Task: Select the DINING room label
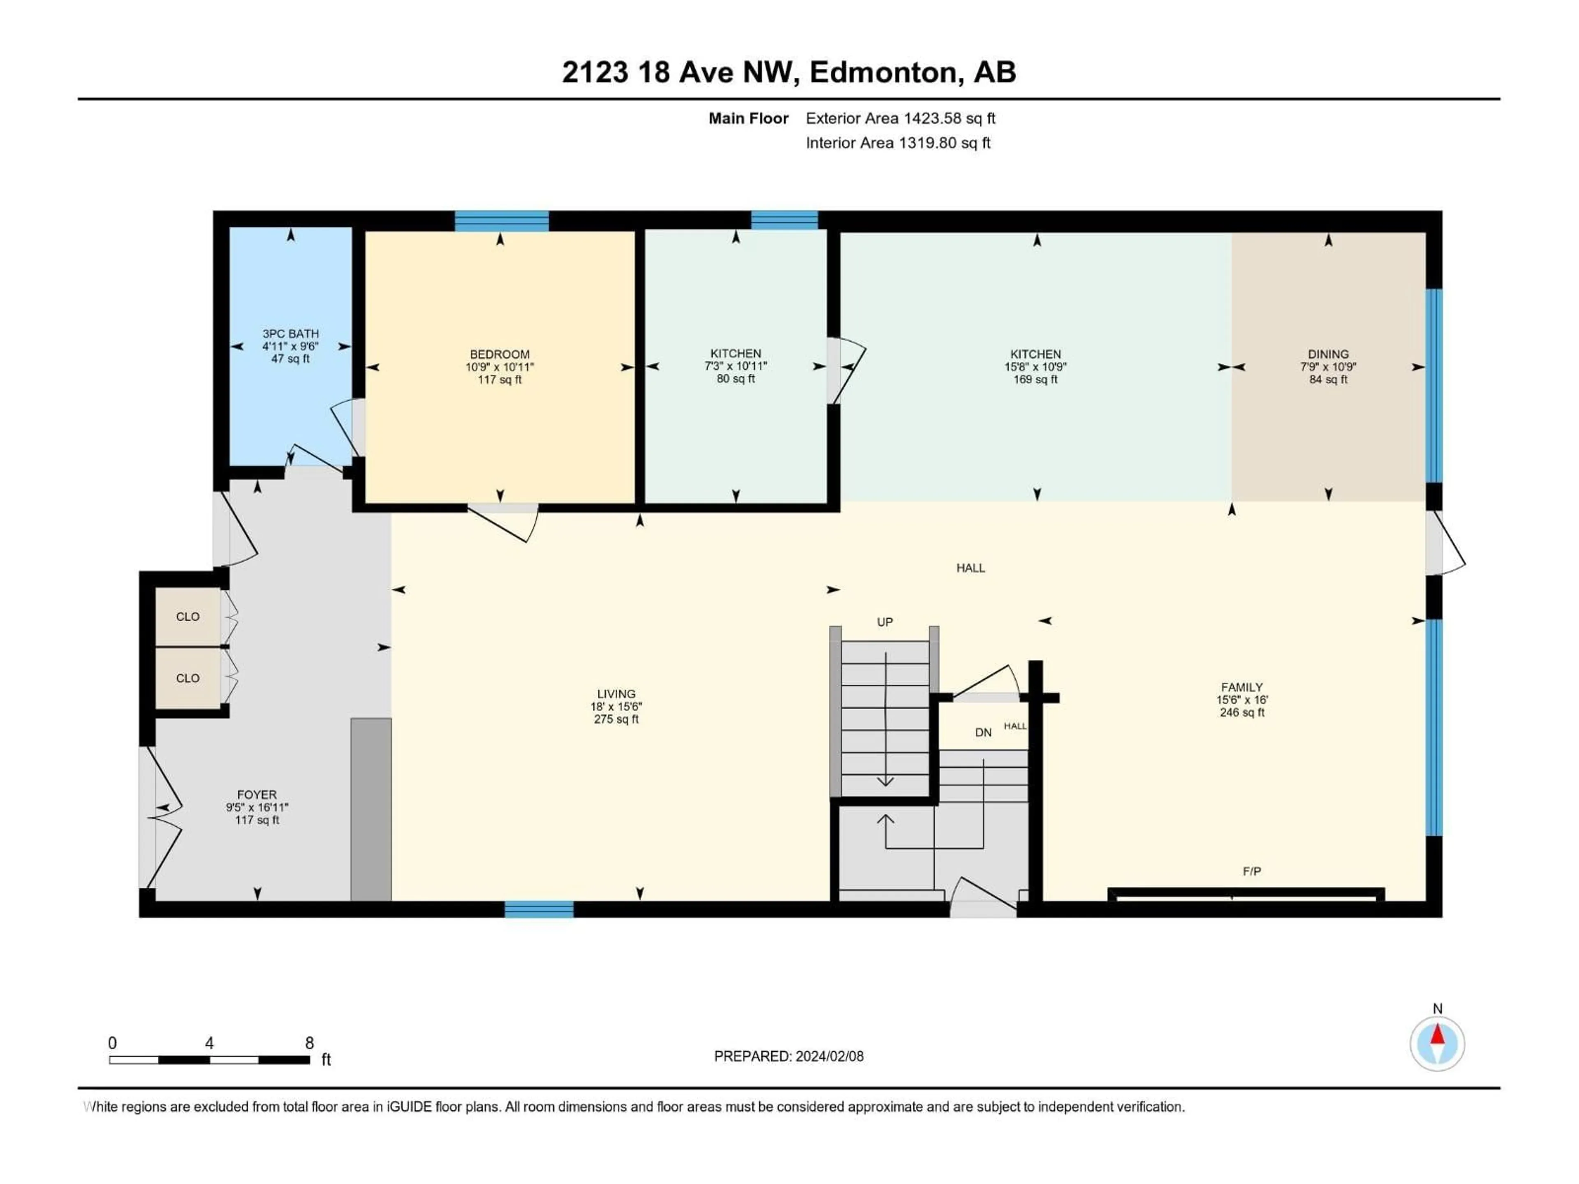(x=1328, y=354)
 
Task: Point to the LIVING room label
(x=616, y=694)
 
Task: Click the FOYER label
(x=257, y=794)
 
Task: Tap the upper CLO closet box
(x=188, y=617)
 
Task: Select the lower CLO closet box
(x=188, y=678)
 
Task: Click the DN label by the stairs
(x=983, y=732)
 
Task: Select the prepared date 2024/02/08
(x=828, y=1056)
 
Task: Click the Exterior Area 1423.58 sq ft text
(x=900, y=118)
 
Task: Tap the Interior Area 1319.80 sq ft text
(x=898, y=143)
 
